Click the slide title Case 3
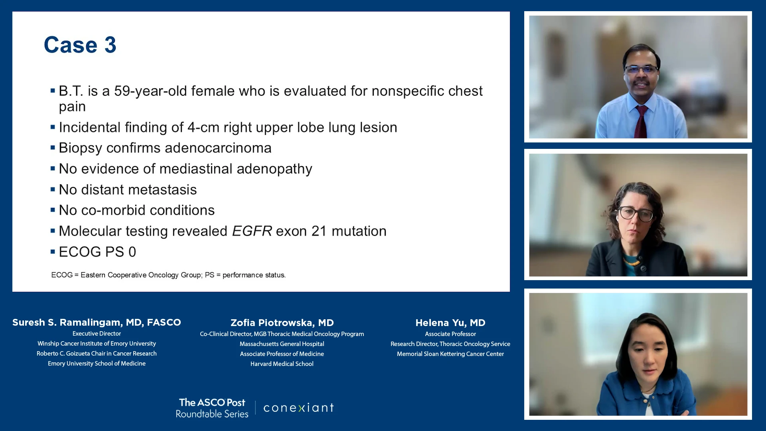[x=80, y=45]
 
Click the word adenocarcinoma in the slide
[x=218, y=148]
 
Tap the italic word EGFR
[x=252, y=231]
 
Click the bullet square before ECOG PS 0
[x=53, y=251]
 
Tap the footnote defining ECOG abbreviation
[x=168, y=275]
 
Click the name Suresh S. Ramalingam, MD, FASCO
[x=97, y=322]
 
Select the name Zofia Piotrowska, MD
[x=282, y=323]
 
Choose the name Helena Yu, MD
[x=450, y=323]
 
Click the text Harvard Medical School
[x=282, y=364]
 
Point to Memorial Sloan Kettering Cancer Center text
[x=450, y=354]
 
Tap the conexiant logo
[x=298, y=407]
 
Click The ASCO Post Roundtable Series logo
[x=212, y=408]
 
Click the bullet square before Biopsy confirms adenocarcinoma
[x=53, y=148]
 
